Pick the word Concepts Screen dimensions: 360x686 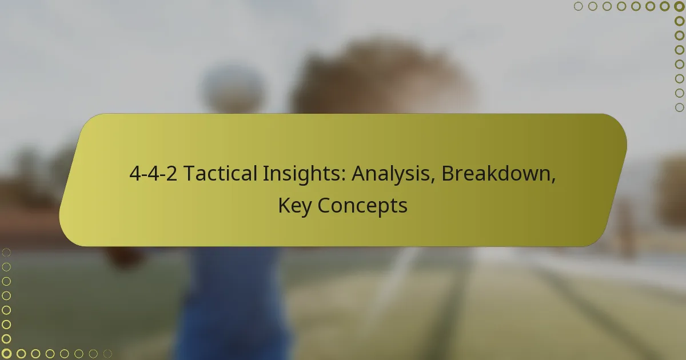tap(362, 206)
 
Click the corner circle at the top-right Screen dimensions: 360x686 tap(680, 6)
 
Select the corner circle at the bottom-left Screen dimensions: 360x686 tap(6, 354)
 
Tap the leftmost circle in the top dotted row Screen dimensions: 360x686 tap(578, 6)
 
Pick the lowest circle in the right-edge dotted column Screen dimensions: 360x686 tap(680, 107)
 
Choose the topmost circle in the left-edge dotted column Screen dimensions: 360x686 tap(6, 252)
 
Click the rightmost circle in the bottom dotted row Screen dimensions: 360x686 tap(107, 354)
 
